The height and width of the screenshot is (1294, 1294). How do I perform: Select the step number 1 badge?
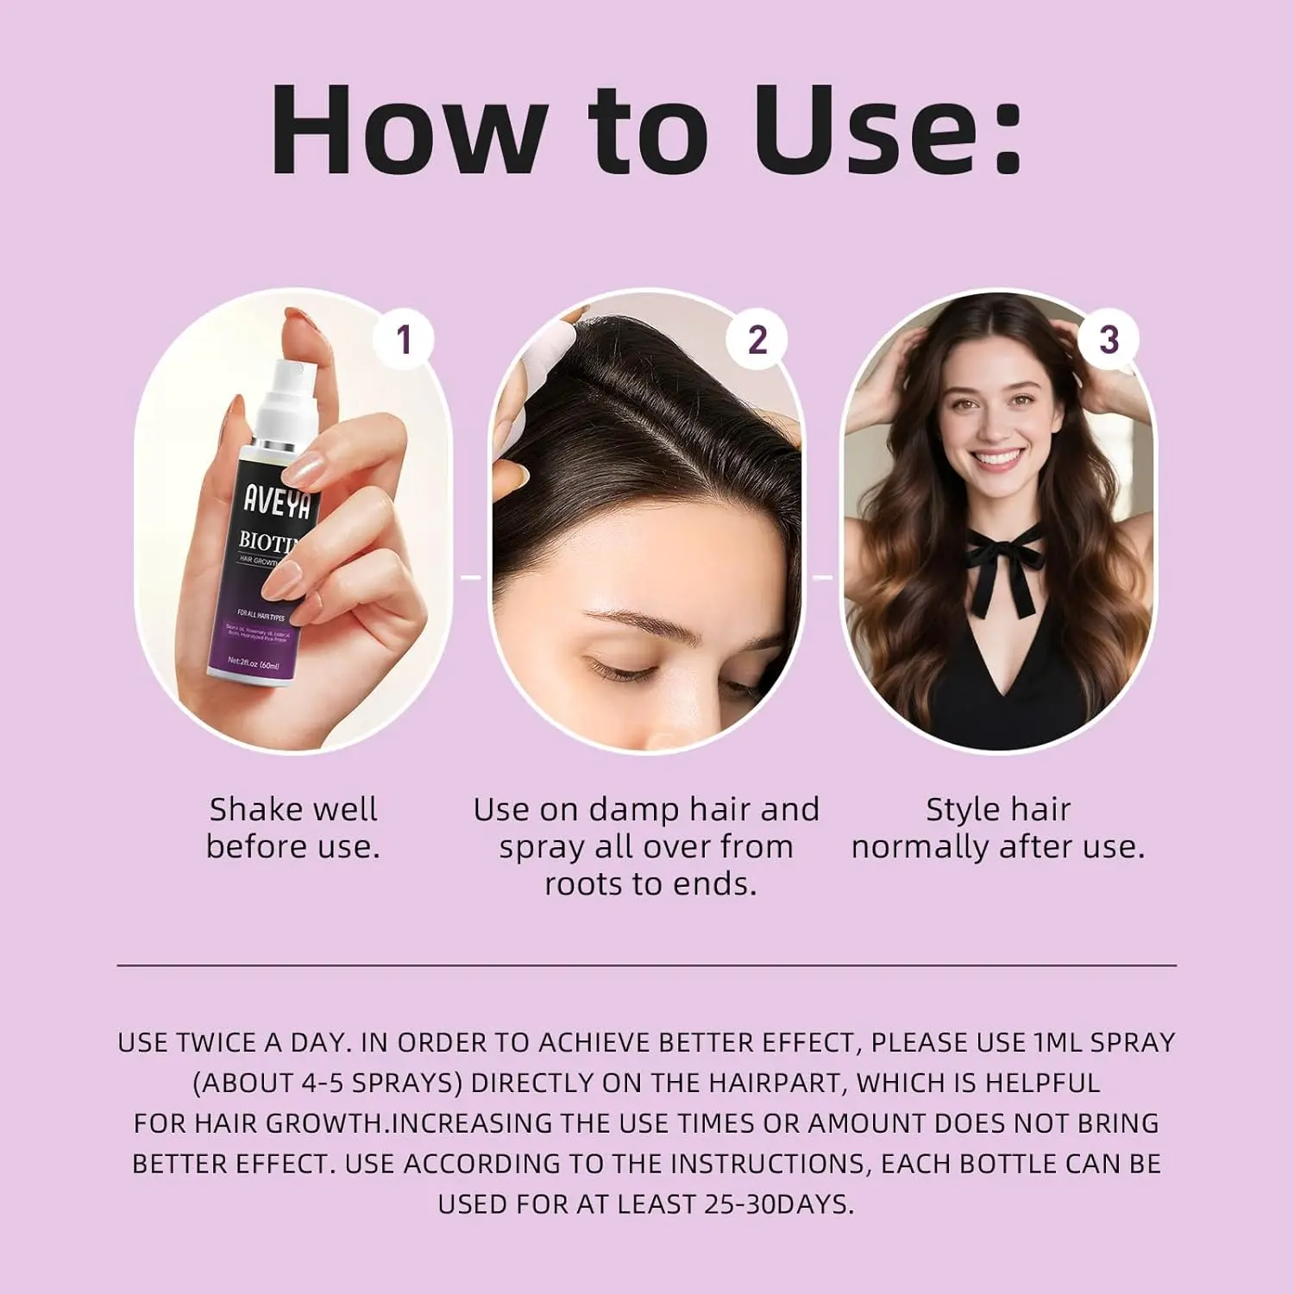click(403, 339)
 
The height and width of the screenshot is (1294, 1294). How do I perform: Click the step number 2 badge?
click(757, 339)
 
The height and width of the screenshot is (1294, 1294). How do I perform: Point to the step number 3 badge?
click(1109, 339)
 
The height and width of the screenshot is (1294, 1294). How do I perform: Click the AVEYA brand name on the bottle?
click(277, 499)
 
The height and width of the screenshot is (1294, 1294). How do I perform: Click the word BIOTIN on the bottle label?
click(267, 543)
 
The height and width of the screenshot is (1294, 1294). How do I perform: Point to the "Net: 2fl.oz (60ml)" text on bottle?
click(253, 665)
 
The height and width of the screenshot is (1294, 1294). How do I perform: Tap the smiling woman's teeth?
click(996, 457)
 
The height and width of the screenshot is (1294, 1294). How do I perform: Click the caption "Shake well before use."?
click(293, 828)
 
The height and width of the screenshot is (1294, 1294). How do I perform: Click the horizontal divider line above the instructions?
click(647, 965)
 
